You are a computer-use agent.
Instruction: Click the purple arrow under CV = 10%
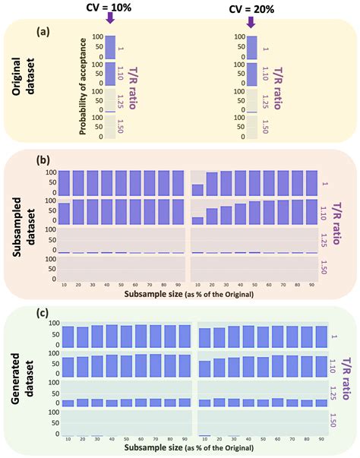(x=110, y=24)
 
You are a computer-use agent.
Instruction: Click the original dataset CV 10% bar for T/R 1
(x=110, y=47)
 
